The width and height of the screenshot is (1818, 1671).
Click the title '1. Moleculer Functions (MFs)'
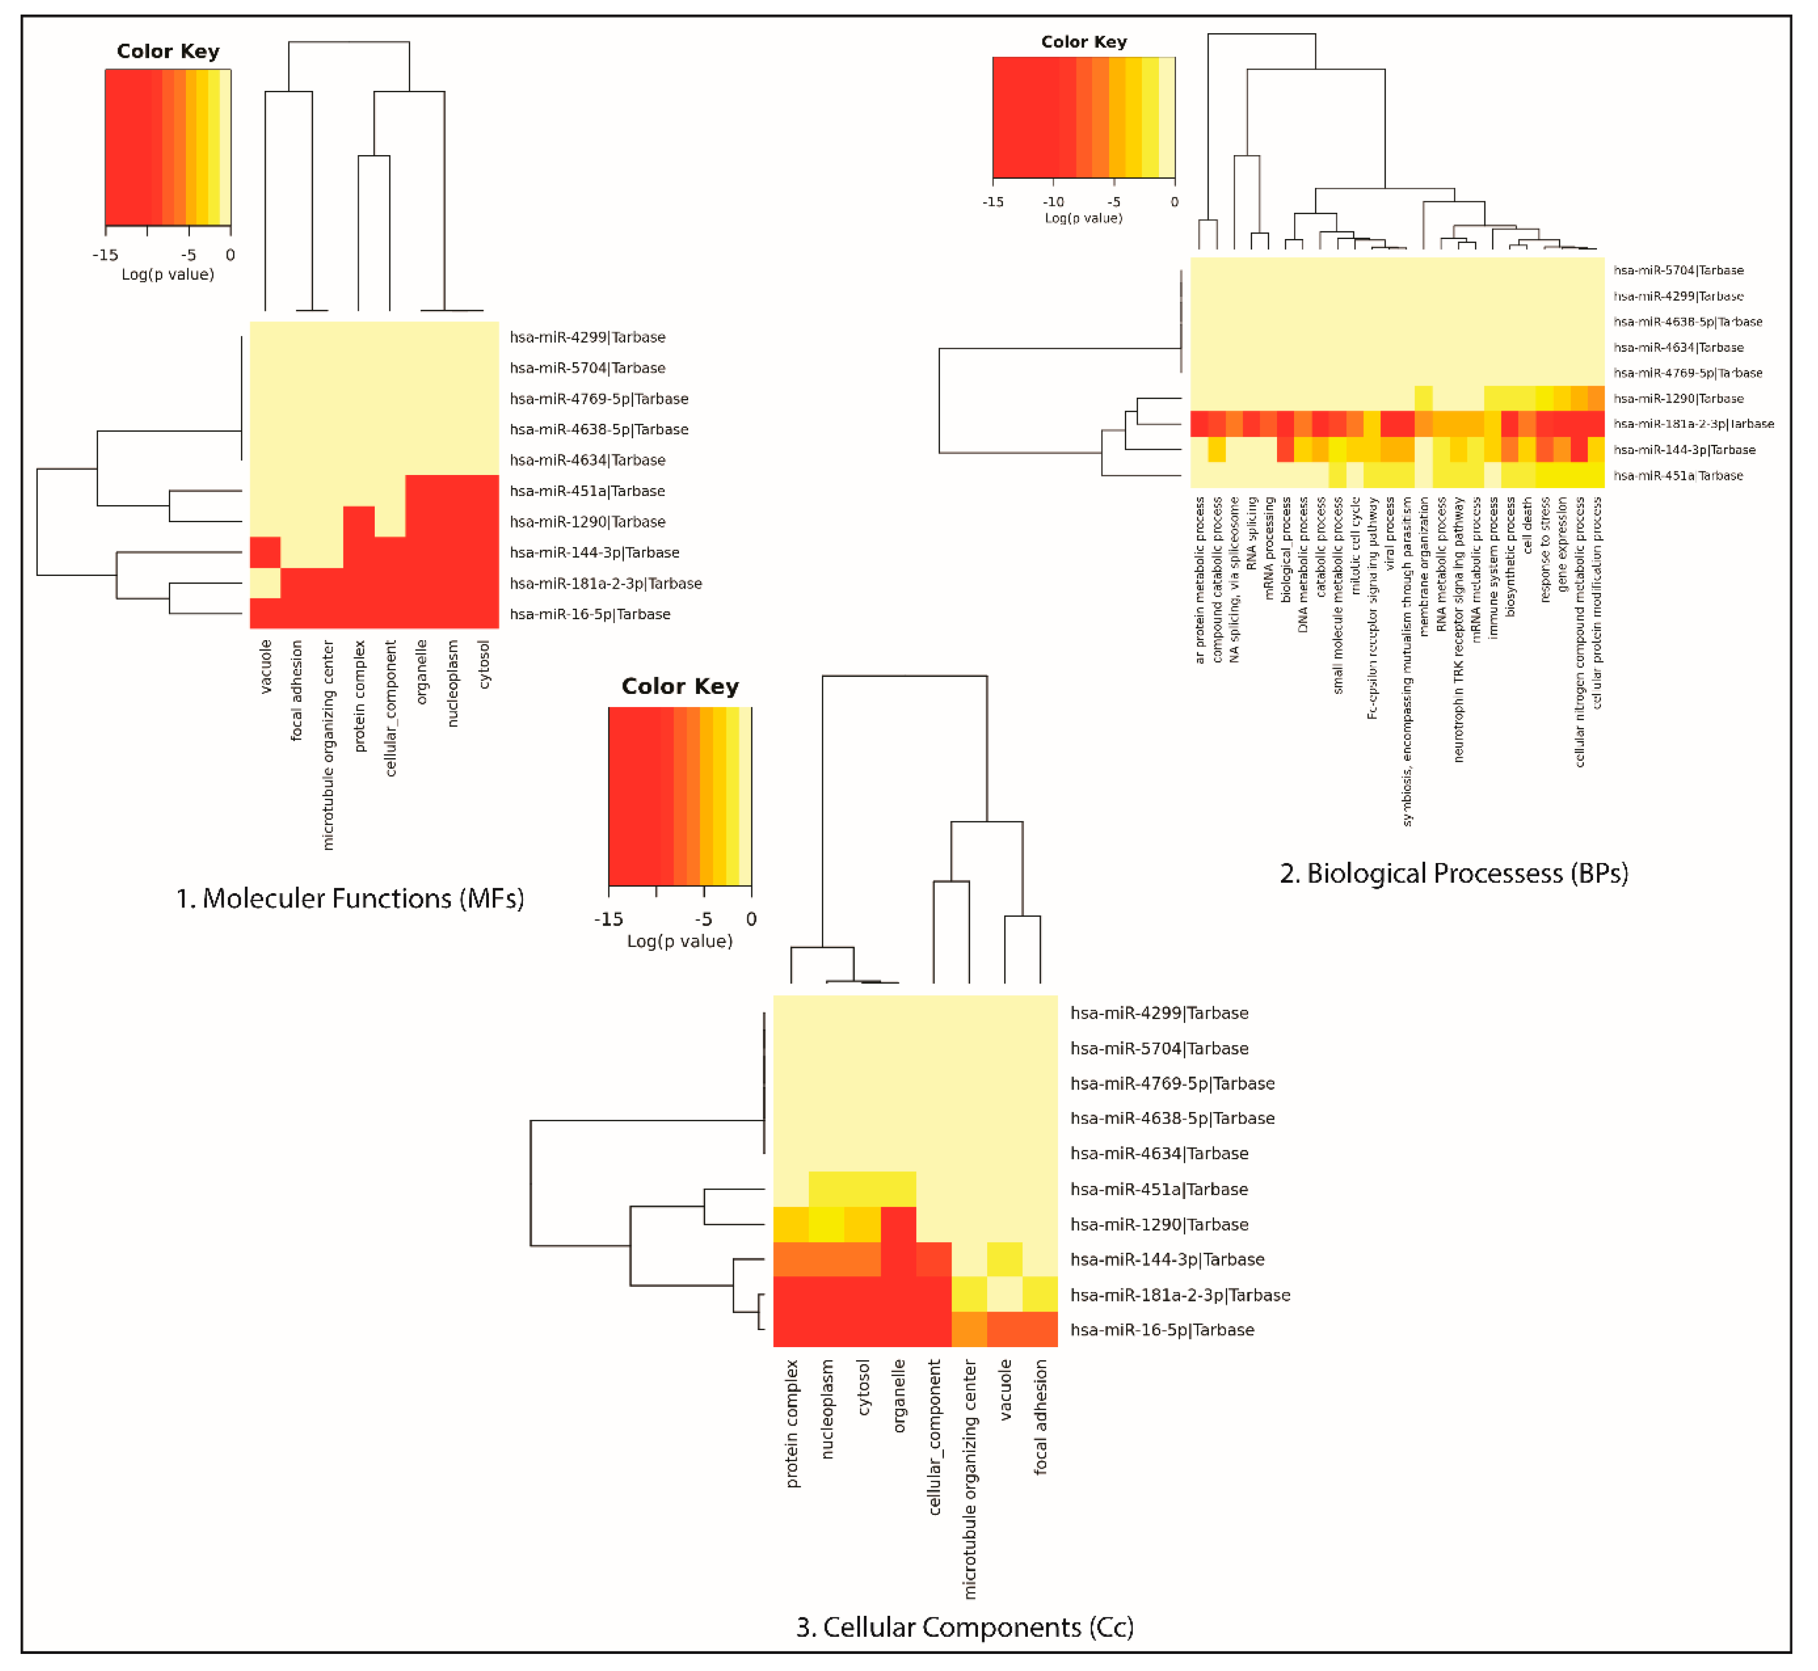[x=350, y=899]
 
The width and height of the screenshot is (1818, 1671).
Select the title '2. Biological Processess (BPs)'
[x=1453, y=874]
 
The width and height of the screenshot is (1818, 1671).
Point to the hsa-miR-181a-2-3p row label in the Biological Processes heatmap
[x=1693, y=424]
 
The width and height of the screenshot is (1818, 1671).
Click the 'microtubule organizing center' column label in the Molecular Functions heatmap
[x=329, y=745]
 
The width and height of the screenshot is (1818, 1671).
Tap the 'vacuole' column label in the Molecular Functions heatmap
[x=266, y=667]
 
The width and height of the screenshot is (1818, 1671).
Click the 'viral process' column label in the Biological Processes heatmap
[x=1390, y=534]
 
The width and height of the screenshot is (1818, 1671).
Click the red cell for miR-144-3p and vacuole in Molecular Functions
[x=265, y=552]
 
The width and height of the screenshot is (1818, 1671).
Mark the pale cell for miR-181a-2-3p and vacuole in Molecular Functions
[x=265, y=583]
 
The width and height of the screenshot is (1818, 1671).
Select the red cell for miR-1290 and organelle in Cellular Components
[x=898, y=1224]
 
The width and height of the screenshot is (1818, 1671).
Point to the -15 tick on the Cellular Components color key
[x=609, y=919]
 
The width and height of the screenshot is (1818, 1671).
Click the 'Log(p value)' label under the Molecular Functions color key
[x=168, y=274]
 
